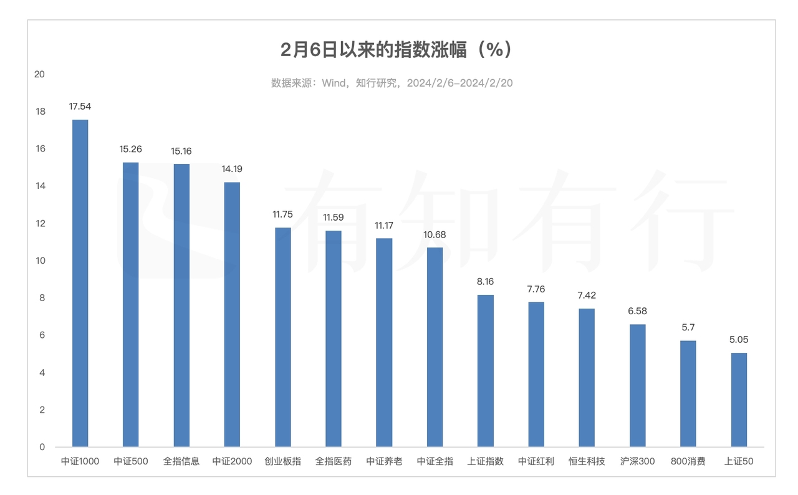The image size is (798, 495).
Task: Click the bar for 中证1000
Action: (x=80, y=283)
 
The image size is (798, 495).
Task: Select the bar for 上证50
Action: (x=739, y=400)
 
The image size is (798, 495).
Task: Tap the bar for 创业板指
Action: (x=282, y=337)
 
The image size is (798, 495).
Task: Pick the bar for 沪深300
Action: (x=637, y=385)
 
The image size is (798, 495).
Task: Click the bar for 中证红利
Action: (x=536, y=374)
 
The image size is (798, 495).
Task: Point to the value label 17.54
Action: (x=80, y=107)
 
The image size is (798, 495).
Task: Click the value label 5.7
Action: (x=688, y=327)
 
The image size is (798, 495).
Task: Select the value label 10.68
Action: (x=435, y=234)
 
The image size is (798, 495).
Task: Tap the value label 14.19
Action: (x=232, y=169)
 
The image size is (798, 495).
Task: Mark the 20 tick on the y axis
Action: (x=40, y=74)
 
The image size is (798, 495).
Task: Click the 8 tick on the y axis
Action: (x=42, y=298)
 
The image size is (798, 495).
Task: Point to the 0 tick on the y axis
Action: (x=42, y=447)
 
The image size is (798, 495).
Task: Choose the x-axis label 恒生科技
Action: (x=587, y=462)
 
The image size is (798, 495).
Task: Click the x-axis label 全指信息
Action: (x=181, y=462)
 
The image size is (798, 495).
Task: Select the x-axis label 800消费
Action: (x=688, y=462)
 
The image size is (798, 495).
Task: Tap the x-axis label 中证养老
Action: (x=384, y=462)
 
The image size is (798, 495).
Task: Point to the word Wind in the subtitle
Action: (x=334, y=84)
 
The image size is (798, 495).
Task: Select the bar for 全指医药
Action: (x=334, y=339)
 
